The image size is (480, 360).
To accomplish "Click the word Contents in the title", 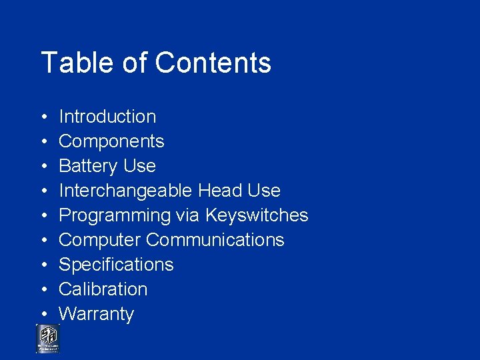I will tap(213, 63).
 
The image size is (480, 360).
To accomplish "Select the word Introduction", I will tap(107, 117).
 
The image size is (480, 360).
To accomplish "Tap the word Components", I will tap(111, 141).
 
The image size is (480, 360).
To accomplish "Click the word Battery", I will tap(85, 166).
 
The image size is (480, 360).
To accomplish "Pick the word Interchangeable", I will tap(126, 191).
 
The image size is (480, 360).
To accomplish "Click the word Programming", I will tap(115, 215).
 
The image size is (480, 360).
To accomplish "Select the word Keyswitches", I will tap(257, 215).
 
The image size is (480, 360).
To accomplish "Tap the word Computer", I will tap(99, 240).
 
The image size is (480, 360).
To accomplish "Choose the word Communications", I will tap(215, 240).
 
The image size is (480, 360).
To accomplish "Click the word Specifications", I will tap(116, 265).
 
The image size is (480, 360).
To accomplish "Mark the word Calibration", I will tap(103, 289).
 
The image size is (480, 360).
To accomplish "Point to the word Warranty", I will tap(97, 314).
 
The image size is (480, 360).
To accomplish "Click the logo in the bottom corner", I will tap(47, 338).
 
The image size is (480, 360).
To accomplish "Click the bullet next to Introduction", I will tap(43, 117).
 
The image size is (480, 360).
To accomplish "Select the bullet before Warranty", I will tap(43, 315).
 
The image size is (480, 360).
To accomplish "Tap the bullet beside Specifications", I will tap(43, 265).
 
